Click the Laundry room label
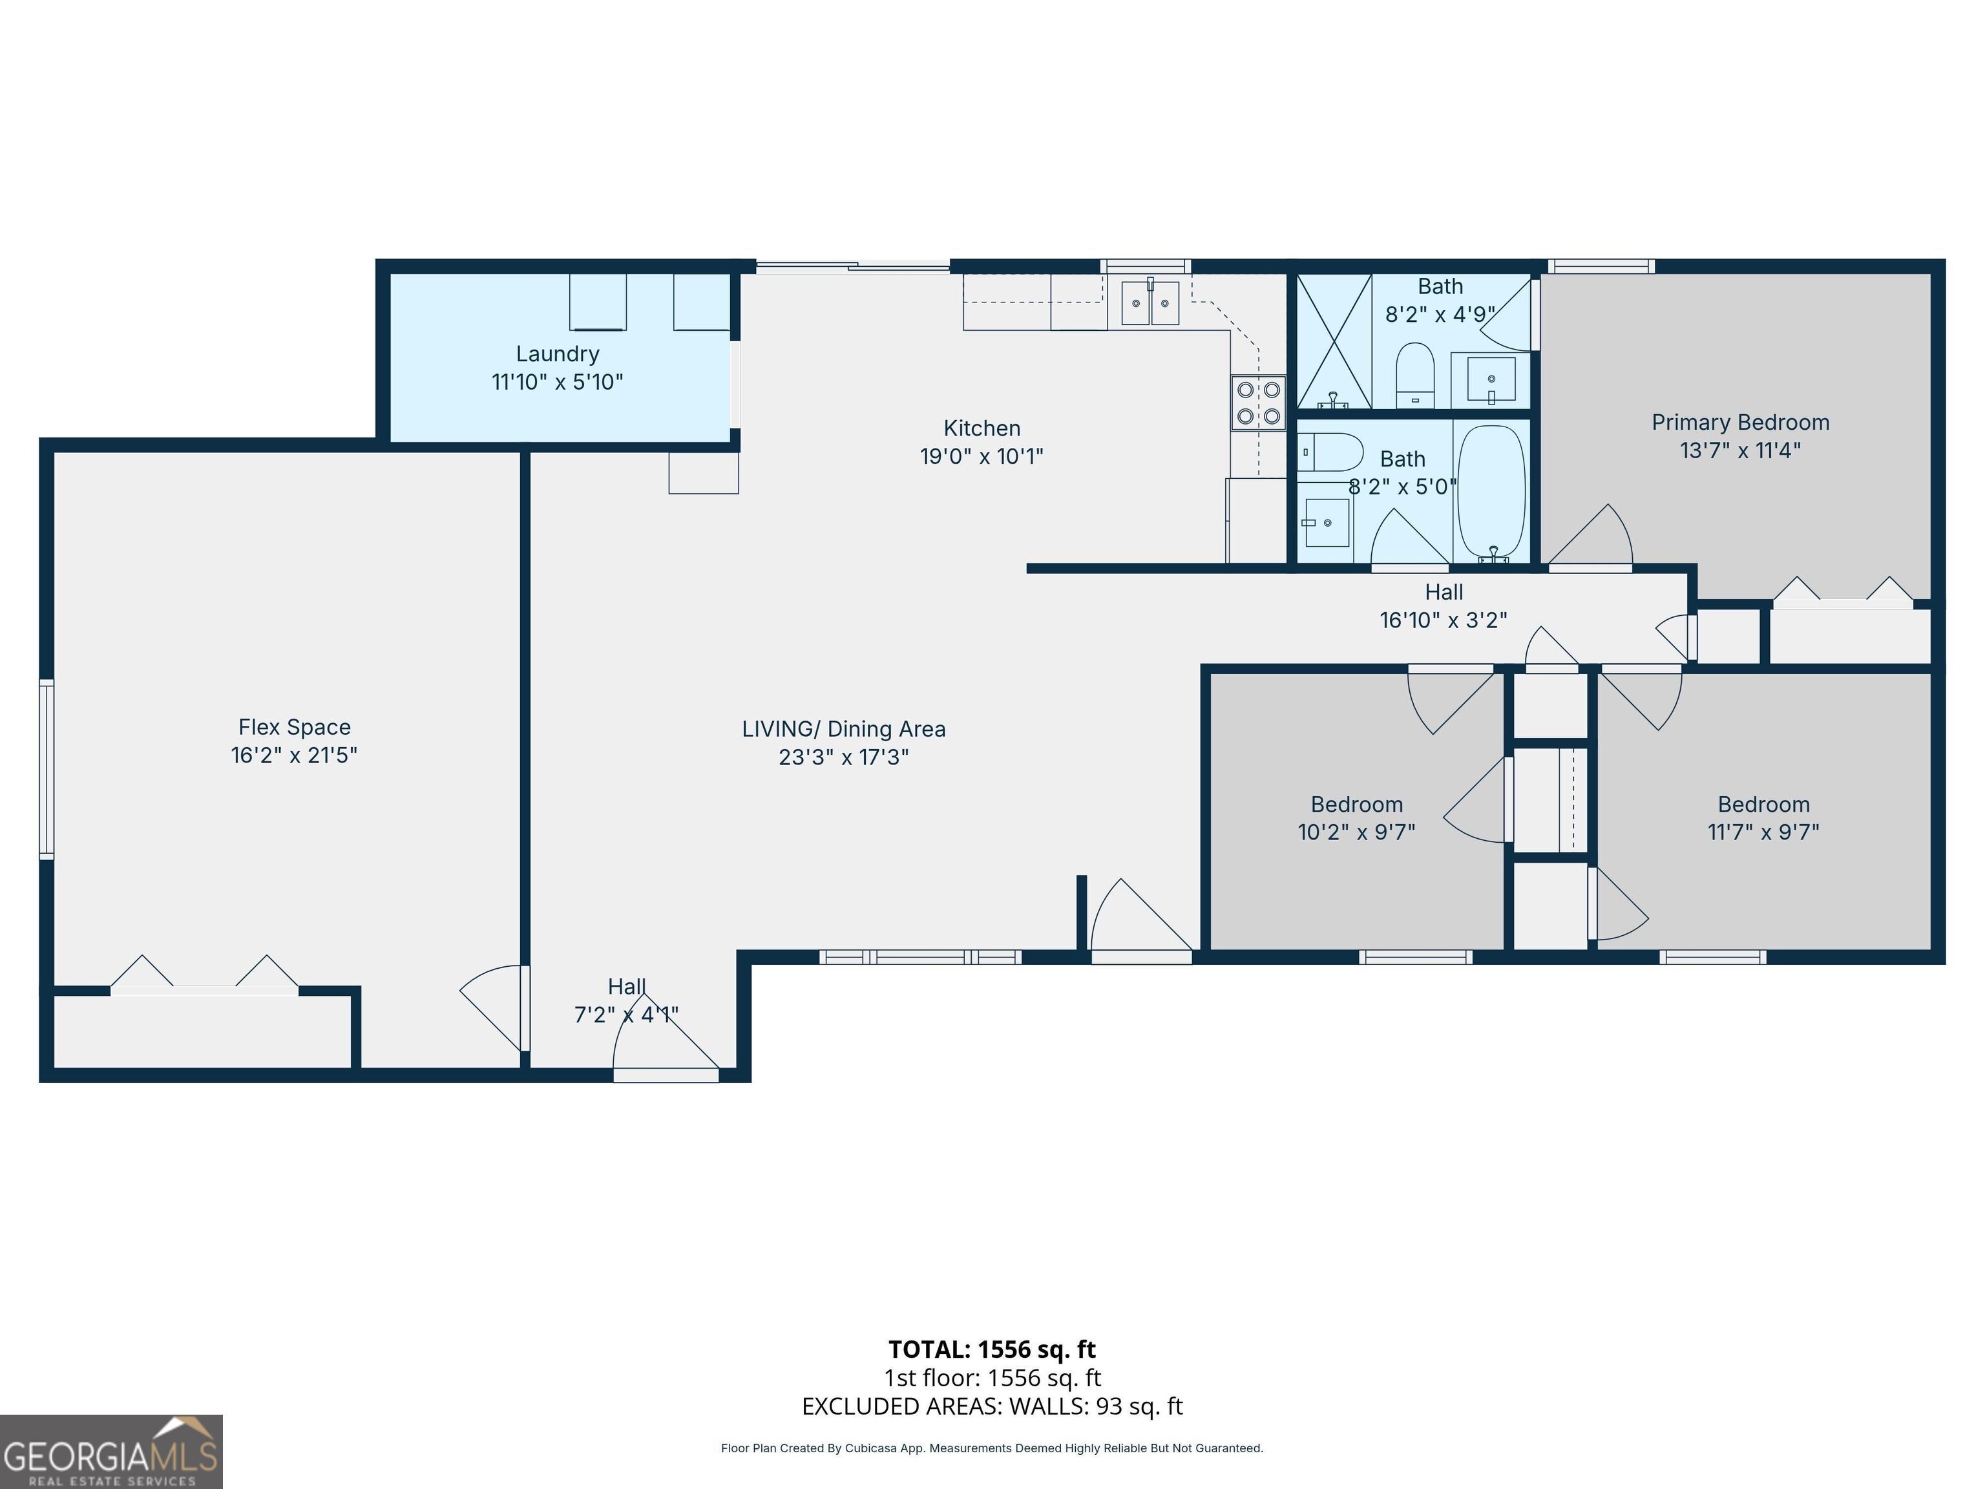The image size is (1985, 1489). pos(557,354)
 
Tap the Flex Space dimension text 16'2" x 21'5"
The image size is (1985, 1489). pos(295,755)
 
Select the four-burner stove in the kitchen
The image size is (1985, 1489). pos(1258,403)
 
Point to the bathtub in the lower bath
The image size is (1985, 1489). pos(1491,491)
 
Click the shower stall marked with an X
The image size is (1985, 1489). pos(1334,342)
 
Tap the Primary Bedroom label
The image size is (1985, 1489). pos(1740,423)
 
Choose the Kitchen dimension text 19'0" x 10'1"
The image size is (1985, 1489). pos(982,456)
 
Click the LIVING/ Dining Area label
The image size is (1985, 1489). pos(843,729)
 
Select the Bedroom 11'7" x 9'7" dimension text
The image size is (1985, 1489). pos(1763,832)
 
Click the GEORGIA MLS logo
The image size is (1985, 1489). pos(111,1452)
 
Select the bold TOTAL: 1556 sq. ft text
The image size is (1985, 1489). pos(992,1349)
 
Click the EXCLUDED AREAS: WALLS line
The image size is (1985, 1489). pos(992,1406)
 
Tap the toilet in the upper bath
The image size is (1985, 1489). pos(1415,374)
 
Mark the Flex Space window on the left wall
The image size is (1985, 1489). pos(46,769)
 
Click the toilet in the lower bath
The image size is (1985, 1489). pos(1331,452)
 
